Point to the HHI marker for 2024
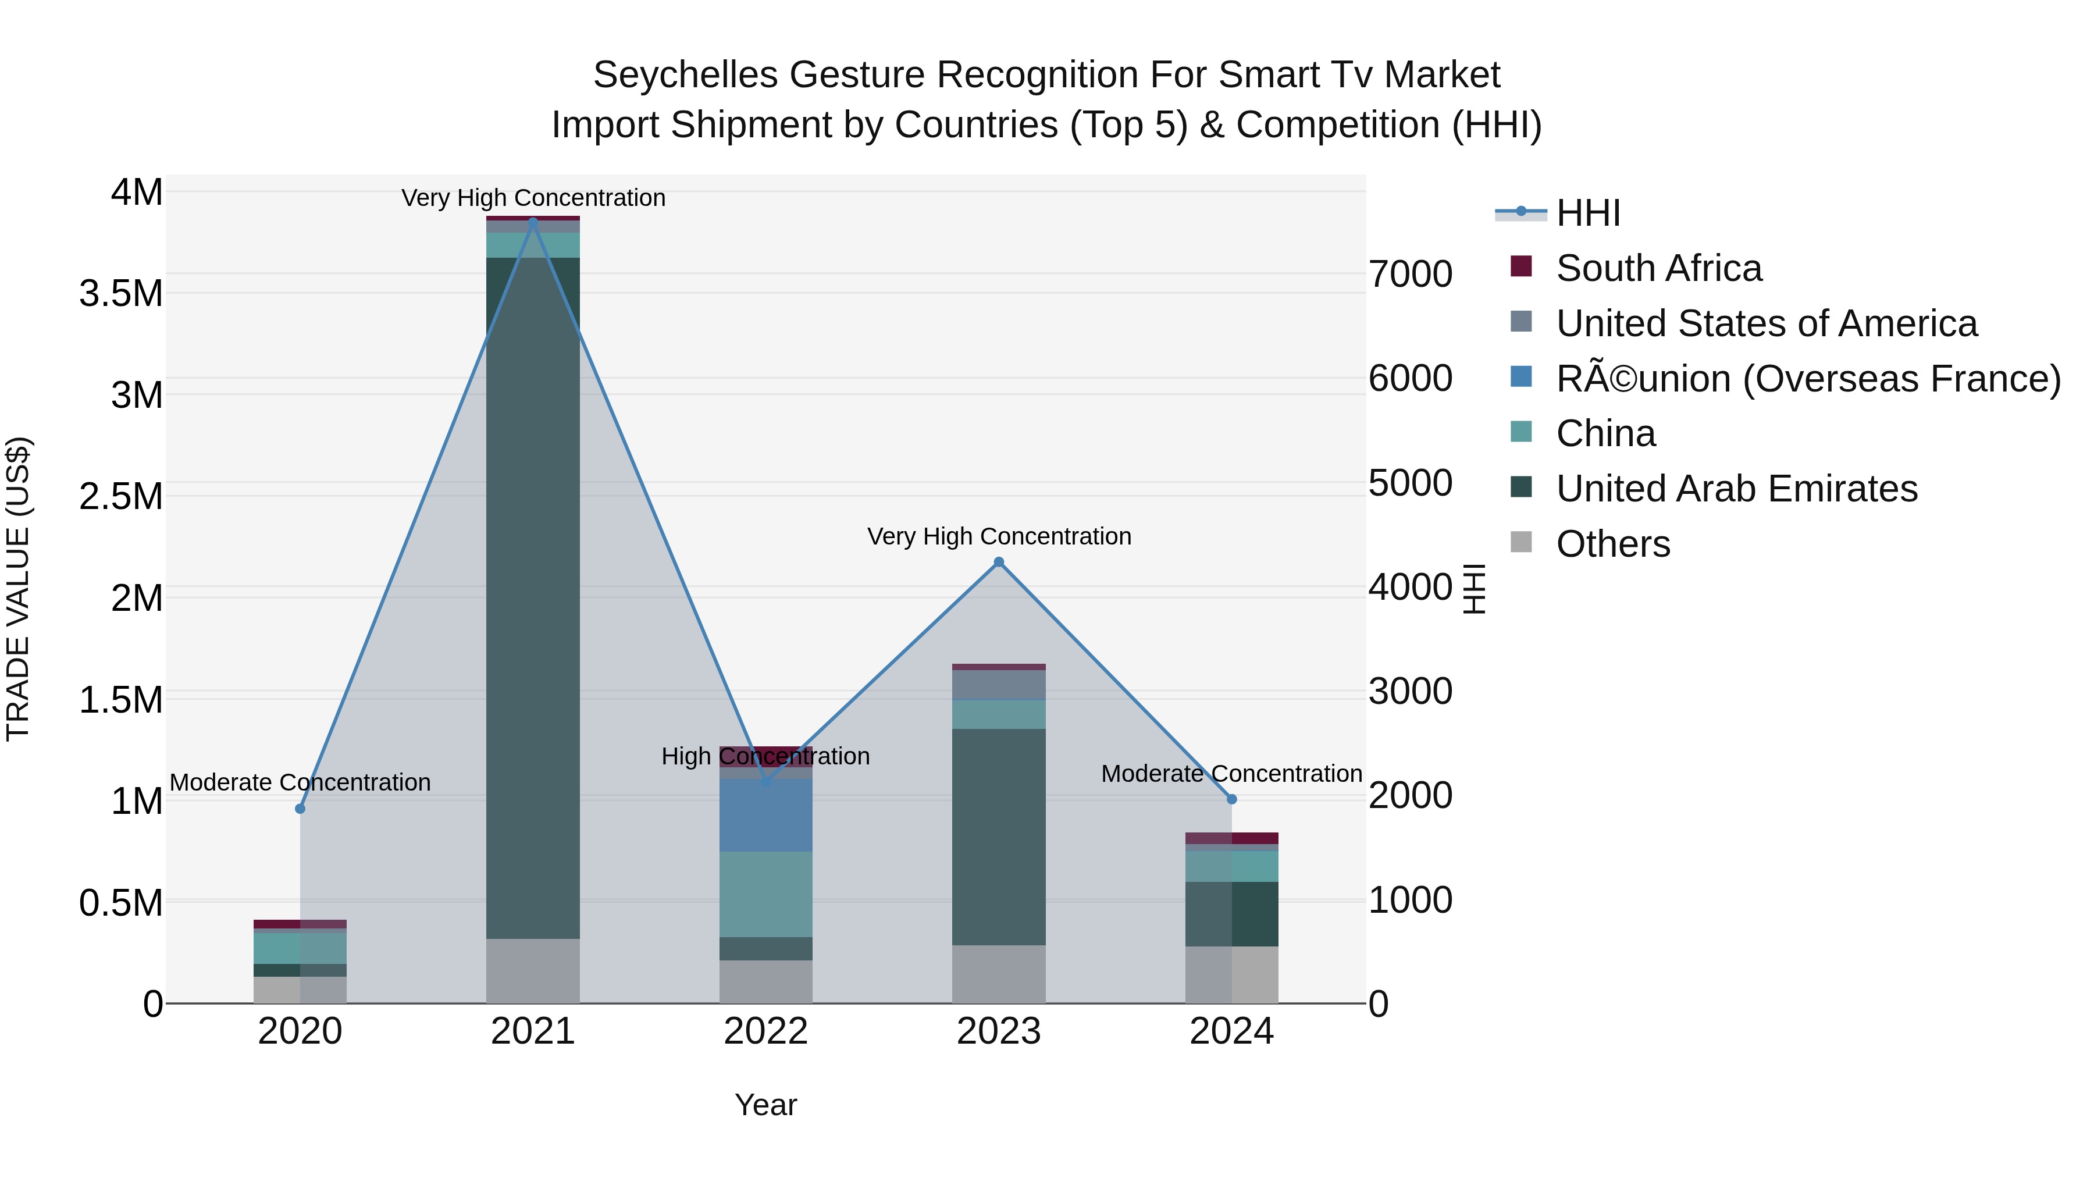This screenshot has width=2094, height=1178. coord(1231,799)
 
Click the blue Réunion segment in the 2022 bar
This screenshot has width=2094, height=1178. coord(765,814)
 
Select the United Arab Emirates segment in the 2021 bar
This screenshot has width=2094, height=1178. coord(532,597)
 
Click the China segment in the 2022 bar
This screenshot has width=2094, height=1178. coord(765,894)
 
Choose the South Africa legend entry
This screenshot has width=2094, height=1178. coord(1658,268)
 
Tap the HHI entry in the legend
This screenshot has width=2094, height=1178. coord(1587,213)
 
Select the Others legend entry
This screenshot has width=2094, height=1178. coord(1612,544)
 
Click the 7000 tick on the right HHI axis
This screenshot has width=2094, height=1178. coord(1411,274)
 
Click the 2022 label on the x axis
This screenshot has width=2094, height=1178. coord(765,1031)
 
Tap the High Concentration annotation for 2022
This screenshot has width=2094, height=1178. coord(765,756)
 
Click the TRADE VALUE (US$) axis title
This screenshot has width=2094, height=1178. coord(18,589)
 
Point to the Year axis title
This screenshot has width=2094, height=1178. coord(765,1105)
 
